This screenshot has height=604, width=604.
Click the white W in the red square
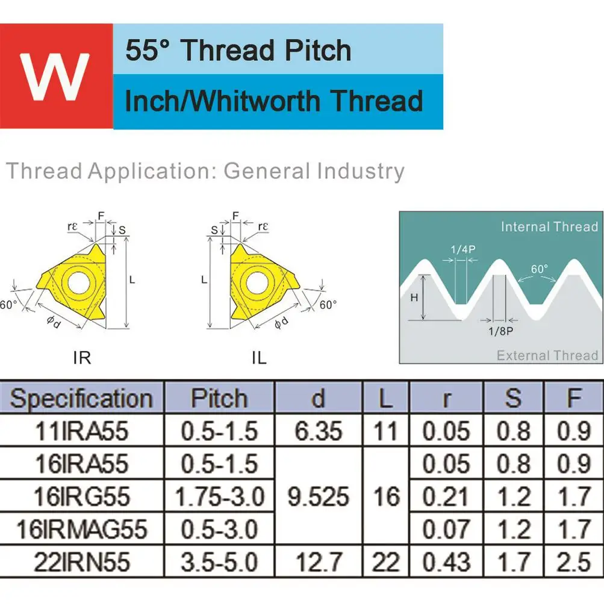[55, 76]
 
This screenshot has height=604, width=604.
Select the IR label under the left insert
[82, 358]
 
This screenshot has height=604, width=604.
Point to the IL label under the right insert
[259, 358]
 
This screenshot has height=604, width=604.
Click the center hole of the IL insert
[257, 283]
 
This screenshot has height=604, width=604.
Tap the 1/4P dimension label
[463, 249]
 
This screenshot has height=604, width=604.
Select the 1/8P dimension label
[501, 331]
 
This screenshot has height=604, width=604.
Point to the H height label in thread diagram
[414, 297]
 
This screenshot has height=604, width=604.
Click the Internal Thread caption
[549, 226]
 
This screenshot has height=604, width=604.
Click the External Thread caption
[547, 355]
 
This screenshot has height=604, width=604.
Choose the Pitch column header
[219, 397]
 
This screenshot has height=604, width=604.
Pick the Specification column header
[82, 398]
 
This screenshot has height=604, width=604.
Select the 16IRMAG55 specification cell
[82, 529]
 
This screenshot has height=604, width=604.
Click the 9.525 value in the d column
[318, 496]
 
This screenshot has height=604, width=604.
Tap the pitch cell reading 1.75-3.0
[220, 496]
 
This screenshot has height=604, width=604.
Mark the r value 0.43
[446, 562]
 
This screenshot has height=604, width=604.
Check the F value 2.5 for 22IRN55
[573, 562]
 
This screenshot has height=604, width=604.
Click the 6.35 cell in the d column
[318, 431]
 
